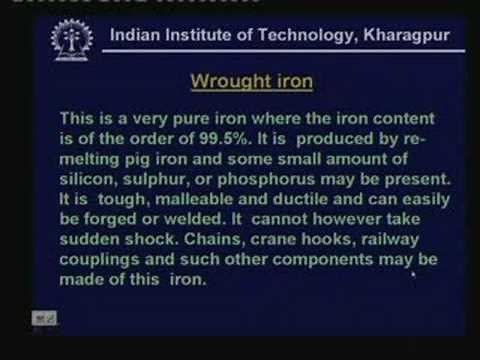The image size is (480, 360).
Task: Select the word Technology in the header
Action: [291, 37]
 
